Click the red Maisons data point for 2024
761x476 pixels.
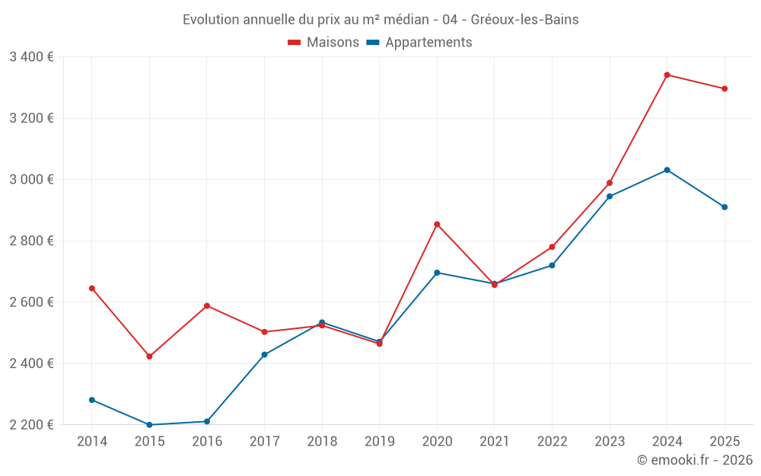coord(667,75)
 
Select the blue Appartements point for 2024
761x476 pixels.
coord(667,170)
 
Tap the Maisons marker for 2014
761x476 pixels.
coord(92,289)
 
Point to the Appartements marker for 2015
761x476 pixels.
coord(149,425)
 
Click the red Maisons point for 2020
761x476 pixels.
coord(437,225)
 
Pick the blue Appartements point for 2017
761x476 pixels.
coord(264,355)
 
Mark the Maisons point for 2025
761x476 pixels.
coord(724,89)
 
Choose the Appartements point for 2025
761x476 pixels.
coord(724,207)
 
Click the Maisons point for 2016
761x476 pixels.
coord(207,306)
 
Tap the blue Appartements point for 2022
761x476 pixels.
coord(552,265)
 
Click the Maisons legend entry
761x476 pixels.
coord(323,43)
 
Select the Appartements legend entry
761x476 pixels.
coord(419,43)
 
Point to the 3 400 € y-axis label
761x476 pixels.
coord(31,57)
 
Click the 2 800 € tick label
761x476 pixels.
coord(31,241)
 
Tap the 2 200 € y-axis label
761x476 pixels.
coord(31,425)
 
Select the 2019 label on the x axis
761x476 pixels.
coord(379,442)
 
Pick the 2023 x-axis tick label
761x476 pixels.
coord(610,442)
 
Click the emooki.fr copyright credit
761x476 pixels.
coord(694,460)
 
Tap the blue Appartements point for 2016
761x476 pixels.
coord(207,422)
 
